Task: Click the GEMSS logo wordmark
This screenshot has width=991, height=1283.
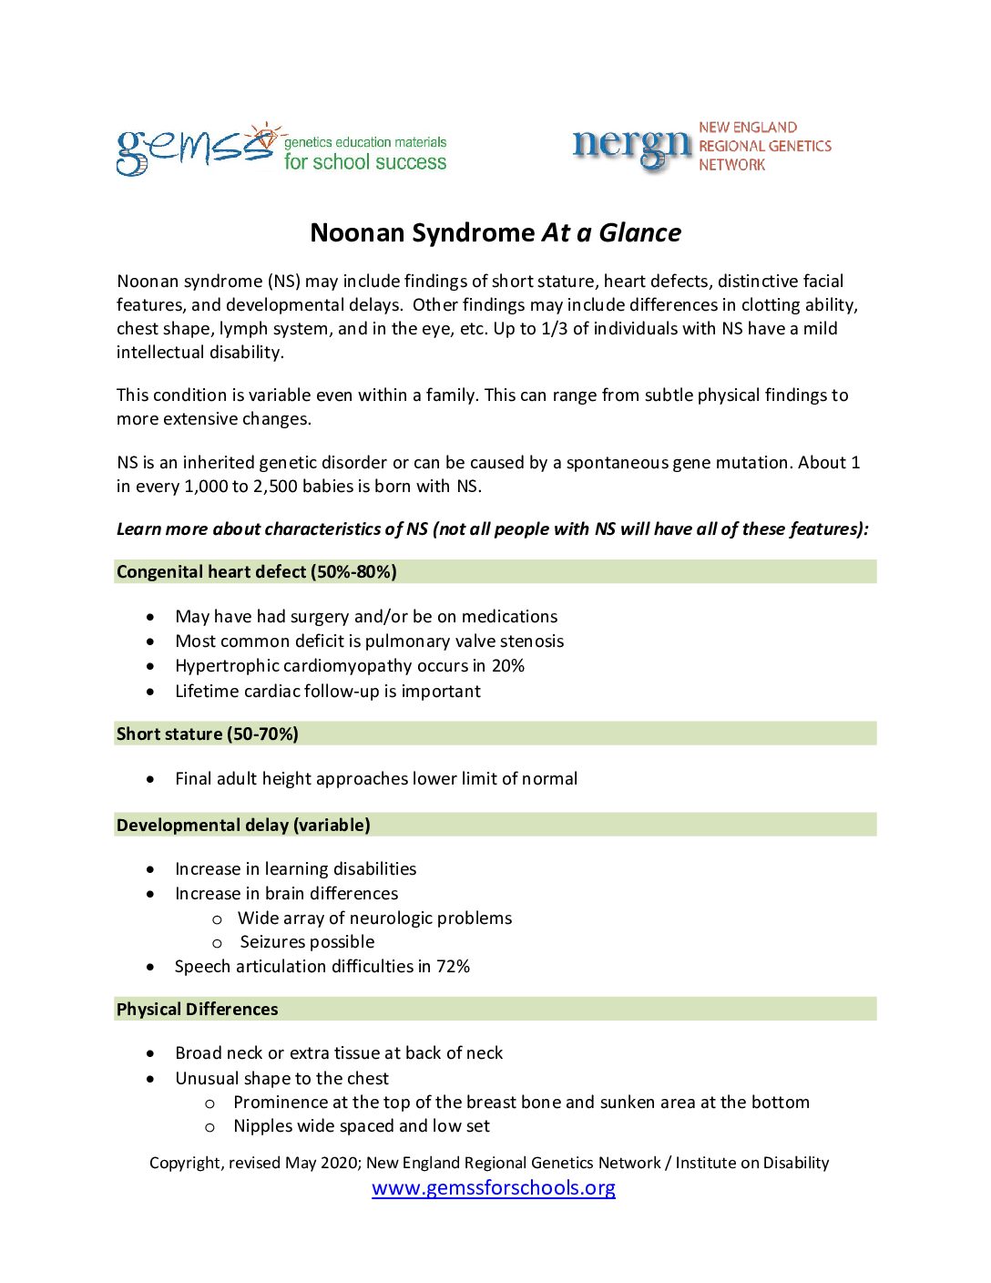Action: click(x=194, y=149)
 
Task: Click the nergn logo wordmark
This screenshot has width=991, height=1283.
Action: click(x=632, y=146)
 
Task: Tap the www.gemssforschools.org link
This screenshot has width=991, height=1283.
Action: click(x=494, y=1187)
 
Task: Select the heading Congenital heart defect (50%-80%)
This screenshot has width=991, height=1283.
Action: click(x=257, y=572)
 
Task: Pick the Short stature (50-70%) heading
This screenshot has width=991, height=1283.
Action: click(x=208, y=734)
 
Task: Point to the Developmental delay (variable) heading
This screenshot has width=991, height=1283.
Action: click(x=243, y=826)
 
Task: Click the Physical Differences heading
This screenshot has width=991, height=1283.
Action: click(x=198, y=1010)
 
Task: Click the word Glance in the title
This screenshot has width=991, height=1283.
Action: click(x=639, y=233)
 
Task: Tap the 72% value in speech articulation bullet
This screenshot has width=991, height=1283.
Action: click(x=453, y=967)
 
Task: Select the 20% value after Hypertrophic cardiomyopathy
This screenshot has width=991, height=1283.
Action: click(x=508, y=666)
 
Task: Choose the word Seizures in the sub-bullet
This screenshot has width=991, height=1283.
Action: click(x=272, y=942)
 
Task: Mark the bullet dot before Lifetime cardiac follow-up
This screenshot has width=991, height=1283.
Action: click(x=150, y=692)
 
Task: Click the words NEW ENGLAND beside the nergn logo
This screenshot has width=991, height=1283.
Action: click(x=748, y=128)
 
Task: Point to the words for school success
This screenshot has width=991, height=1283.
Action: click(x=365, y=162)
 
